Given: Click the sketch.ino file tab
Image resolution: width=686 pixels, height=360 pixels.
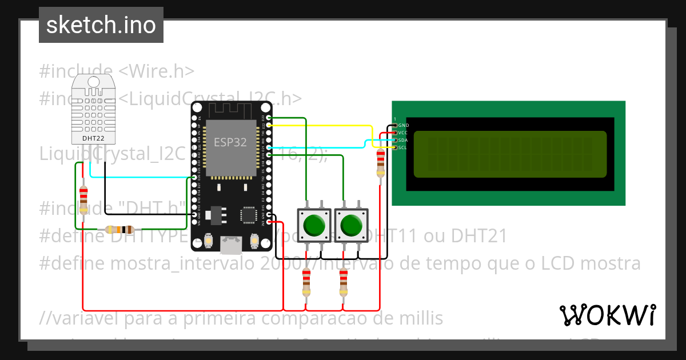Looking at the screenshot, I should (101, 25).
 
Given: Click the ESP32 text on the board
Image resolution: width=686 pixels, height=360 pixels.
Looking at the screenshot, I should (230, 142).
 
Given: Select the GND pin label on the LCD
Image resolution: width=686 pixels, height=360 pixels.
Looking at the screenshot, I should (404, 125).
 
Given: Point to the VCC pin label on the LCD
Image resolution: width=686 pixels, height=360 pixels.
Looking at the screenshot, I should (403, 133).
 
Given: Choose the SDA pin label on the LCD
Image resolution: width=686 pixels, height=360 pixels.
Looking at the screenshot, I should (403, 140).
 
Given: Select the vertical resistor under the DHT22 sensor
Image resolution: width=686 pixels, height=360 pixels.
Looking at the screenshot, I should (83, 199).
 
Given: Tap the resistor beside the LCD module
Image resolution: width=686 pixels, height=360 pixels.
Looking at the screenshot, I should (380, 163).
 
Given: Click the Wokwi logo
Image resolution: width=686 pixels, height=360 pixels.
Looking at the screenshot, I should (608, 315).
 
